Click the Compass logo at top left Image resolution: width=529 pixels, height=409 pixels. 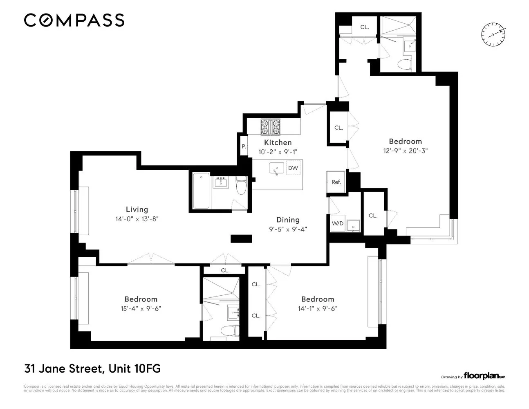(74, 20)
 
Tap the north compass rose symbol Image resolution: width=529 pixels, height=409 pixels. (494, 33)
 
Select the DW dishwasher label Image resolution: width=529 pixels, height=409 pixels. (293, 168)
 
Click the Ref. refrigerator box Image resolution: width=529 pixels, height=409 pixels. (336, 182)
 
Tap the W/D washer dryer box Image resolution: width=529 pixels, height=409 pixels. (337, 223)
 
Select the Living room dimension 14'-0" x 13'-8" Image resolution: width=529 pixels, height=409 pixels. (137, 219)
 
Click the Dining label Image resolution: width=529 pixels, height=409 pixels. (288, 220)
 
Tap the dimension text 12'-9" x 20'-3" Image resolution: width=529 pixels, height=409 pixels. (405, 151)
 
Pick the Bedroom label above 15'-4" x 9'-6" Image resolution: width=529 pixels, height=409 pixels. (141, 299)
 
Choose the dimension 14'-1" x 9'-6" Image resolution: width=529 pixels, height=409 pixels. (318, 309)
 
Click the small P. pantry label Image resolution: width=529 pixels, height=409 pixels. (244, 146)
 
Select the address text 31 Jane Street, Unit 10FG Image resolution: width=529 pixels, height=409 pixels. (92, 369)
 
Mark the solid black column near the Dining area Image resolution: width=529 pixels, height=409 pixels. (241, 239)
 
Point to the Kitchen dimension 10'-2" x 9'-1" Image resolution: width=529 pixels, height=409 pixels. (278, 151)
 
